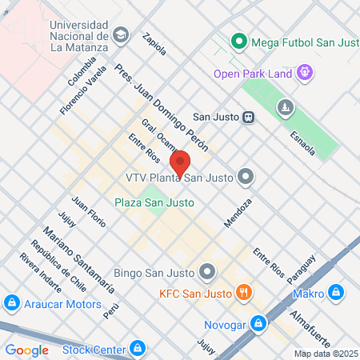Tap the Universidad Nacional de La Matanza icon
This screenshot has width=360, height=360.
(x=121, y=34)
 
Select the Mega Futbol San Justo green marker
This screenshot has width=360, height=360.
(x=238, y=41)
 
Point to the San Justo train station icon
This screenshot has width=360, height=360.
(x=249, y=117)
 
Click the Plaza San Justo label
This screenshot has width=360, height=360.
(x=154, y=202)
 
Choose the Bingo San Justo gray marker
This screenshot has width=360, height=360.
(x=207, y=272)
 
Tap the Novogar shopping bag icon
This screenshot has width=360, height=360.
(x=258, y=323)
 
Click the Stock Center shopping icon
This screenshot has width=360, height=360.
(x=138, y=349)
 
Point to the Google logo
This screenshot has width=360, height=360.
(x=26, y=350)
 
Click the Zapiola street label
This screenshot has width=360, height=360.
(x=154, y=43)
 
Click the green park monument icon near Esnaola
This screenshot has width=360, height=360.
(x=284, y=107)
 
